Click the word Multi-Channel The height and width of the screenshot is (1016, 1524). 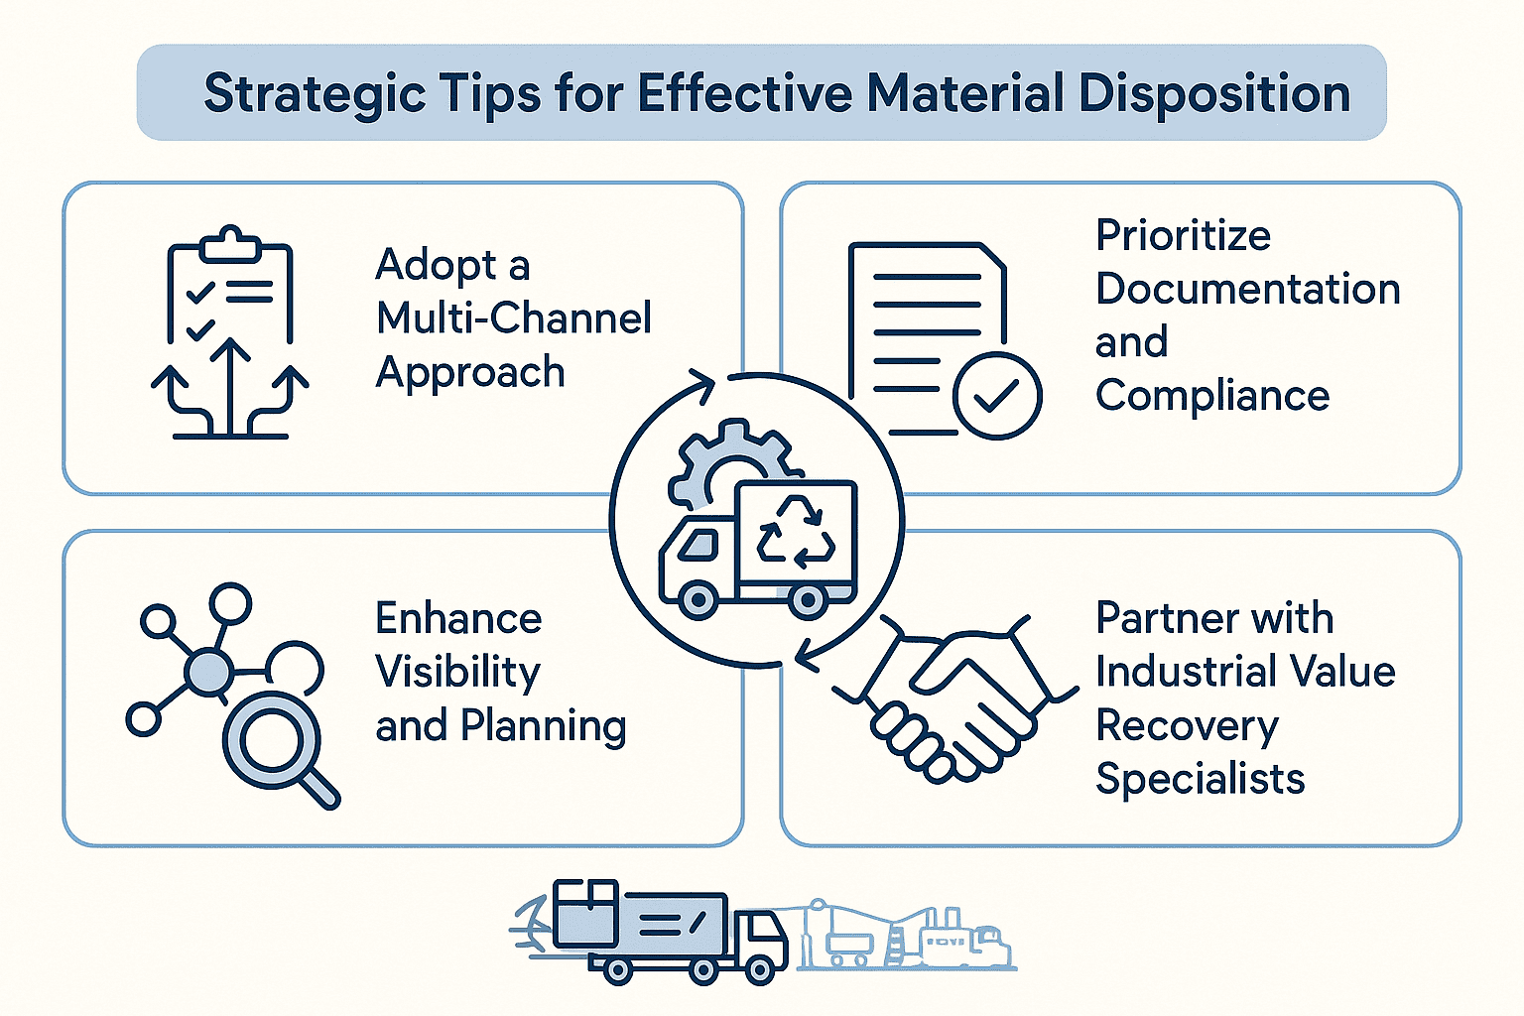(x=514, y=317)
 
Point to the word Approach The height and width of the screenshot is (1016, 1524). (x=470, y=372)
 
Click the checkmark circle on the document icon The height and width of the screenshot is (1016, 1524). (x=996, y=396)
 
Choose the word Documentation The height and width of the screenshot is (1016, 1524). (x=1247, y=289)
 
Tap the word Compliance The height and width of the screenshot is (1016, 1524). (x=1211, y=396)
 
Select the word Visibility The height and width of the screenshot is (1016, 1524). (x=457, y=672)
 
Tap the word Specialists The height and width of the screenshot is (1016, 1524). (x=1200, y=779)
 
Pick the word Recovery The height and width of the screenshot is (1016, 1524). (x=1187, y=726)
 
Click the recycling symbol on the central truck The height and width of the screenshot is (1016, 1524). (x=796, y=532)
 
